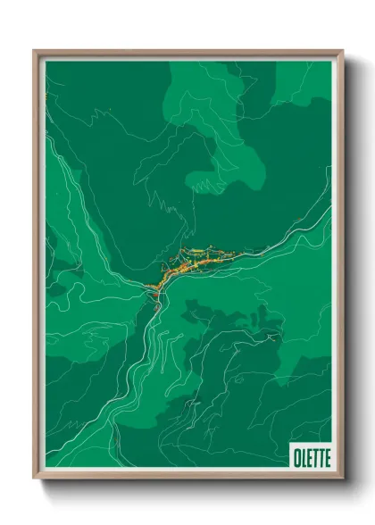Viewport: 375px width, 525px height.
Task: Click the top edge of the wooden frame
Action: (x=187, y=52)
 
